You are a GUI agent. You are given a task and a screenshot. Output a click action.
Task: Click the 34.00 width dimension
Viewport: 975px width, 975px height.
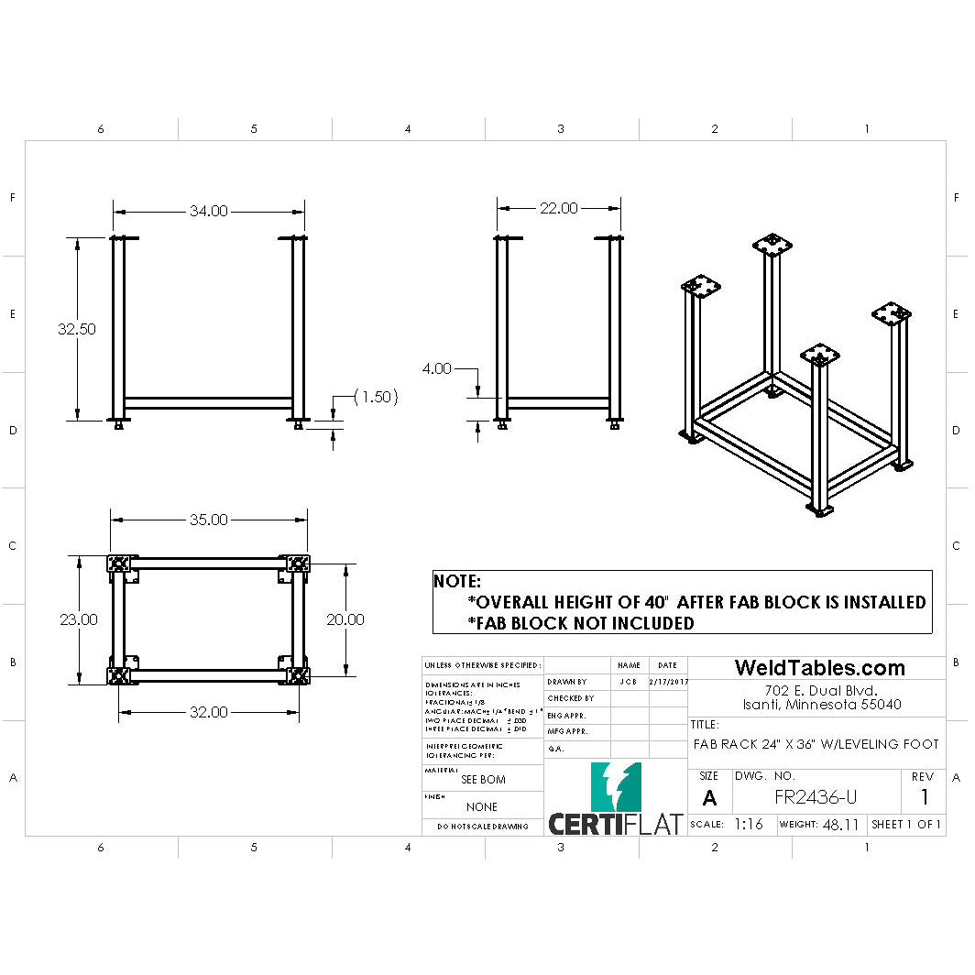coord(208,212)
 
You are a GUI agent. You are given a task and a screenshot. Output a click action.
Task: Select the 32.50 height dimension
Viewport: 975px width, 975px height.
coord(77,329)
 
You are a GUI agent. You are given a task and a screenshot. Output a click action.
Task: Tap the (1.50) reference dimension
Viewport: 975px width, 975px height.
coord(376,397)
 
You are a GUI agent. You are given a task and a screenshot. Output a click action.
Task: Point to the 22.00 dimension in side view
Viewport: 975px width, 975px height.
coord(558,209)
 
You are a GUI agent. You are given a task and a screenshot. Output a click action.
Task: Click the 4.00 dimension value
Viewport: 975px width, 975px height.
coord(436,368)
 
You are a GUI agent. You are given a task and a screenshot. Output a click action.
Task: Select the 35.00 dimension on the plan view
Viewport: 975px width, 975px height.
coord(208,520)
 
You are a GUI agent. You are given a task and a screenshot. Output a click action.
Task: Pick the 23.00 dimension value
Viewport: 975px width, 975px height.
coord(79,619)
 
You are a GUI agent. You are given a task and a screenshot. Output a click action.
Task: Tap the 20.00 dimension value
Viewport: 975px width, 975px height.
coord(345,619)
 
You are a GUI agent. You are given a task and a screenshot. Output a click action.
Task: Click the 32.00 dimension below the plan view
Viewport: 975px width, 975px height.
coord(208,712)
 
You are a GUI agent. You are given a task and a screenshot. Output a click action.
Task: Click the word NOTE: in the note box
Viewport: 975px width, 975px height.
coord(456,582)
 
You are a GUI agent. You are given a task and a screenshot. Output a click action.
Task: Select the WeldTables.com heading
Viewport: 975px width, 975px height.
coord(819,668)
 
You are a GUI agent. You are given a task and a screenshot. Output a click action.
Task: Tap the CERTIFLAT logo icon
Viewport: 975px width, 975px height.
coord(616,786)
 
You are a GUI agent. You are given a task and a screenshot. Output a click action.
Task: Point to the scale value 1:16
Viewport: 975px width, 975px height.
coord(748,824)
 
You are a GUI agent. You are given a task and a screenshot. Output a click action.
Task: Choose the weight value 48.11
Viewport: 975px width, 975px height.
coord(840,825)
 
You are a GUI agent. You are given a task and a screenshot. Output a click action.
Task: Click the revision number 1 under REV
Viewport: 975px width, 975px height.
coord(924,797)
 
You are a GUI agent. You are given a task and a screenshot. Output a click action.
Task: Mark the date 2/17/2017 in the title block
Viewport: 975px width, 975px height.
coord(668,682)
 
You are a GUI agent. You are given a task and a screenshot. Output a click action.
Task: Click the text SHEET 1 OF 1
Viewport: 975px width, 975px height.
coord(906,824)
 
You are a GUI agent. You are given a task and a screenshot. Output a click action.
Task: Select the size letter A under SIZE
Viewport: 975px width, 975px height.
coord(708,798)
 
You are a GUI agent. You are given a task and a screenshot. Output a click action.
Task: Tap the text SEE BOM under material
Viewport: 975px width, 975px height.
coord(482,780)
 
